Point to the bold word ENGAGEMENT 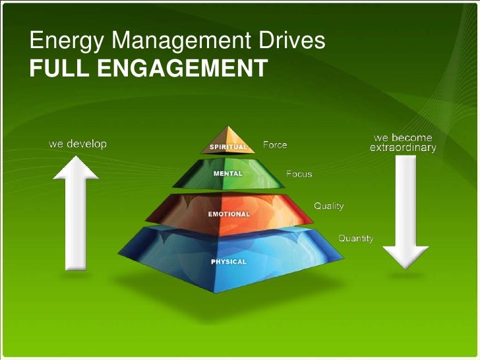183,67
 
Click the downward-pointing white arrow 405,211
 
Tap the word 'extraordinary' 403,148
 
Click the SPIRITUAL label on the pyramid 228,146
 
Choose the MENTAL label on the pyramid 227,173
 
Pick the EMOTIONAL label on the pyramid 229,214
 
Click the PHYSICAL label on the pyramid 228,262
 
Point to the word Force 275,144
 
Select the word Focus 299,175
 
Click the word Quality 328,206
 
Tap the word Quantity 356,238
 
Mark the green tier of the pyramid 257,173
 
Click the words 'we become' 403,138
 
